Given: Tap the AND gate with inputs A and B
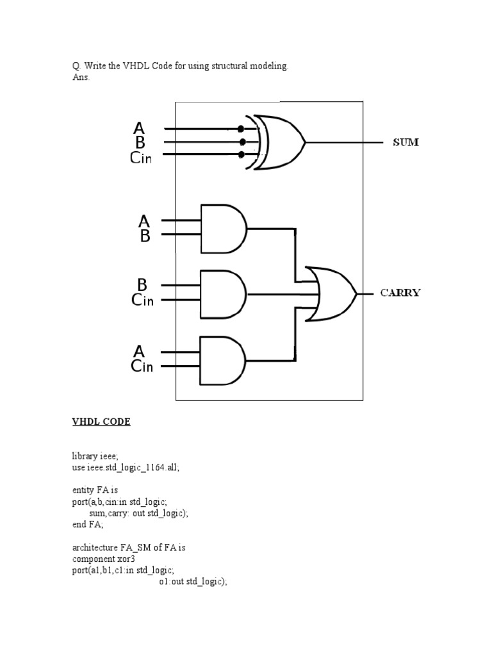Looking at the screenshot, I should coord(223,228).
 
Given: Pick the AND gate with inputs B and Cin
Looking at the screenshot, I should coord(223,294).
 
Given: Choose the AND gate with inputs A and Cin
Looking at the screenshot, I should coord(223,360).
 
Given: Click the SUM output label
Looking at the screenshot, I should coord(406,142).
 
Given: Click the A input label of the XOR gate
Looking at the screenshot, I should coord(139,128).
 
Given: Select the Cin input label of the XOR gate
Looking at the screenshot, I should coord(141,158).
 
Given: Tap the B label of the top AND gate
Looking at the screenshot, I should coord(145,236).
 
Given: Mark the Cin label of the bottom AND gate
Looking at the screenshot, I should coord(142,366).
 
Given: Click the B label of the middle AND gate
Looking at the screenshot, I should coord(142,284).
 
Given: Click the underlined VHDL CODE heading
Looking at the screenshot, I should coord(101,422).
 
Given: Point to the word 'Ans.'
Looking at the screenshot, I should coord(81,77).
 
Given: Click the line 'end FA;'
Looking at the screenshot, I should coord(87,523).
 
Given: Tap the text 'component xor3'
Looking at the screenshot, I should coord(103,558).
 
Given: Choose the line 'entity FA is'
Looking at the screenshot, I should coord(95,490).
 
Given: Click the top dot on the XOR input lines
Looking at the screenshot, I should coord(241,128).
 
